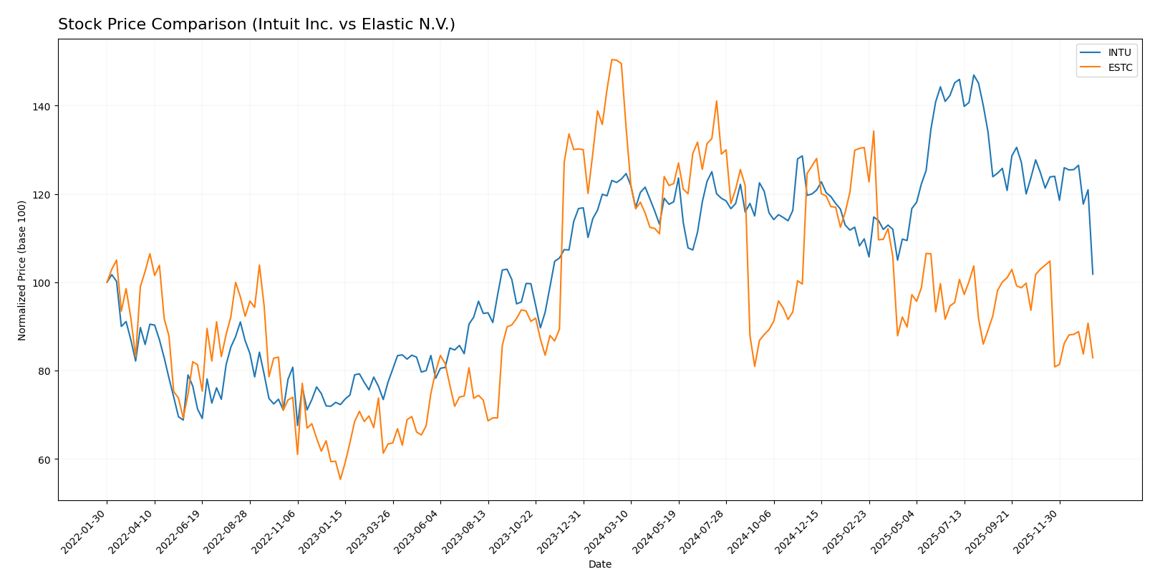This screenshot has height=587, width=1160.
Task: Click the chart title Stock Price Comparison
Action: (256, 24)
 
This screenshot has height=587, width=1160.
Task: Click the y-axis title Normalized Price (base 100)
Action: (21, 270)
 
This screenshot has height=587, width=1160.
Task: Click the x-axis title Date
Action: (599, 565)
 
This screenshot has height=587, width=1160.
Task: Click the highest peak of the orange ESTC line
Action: (612, 59)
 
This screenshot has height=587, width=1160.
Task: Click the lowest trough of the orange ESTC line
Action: (340, 479)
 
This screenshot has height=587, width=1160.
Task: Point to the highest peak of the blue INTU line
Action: (973, 75)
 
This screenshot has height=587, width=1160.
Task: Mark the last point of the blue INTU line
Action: (1093, 274)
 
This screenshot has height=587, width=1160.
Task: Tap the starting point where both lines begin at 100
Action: (107, 282)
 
